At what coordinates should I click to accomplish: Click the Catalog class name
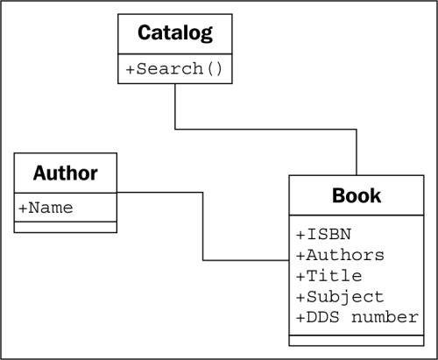[x=175, y=33]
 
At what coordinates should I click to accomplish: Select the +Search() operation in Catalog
[x=174, y=69]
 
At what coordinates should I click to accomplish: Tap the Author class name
[x=66, y=173]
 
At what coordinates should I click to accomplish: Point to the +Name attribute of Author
[x=46, y=208]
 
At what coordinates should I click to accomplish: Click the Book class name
[x=357, y=195]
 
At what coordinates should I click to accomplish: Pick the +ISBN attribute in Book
[x=323, y=234]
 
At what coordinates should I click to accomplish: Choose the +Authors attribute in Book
[x=340, y=255]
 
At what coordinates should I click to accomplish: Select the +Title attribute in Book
[x=329, y=276]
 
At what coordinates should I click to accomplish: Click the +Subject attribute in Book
[x=340, y=297]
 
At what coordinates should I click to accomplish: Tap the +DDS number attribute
[x=357, y=317]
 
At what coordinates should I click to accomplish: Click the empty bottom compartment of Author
[x=66, y=227]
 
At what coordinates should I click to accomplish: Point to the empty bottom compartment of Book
[x=357, y=341]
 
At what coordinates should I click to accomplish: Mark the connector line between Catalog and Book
[x=265, y=129]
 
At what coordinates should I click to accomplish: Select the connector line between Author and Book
[x=203, y=226]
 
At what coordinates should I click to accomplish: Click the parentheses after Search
[x=215, y=69]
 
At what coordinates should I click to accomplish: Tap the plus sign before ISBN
[x=300, y=235]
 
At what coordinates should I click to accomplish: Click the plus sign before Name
[x=23, y=208]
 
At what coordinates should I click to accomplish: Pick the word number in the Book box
[x=385, y=317]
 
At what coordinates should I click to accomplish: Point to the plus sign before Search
[x=130, y=70]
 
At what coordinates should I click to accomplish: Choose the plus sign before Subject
[x=300, y=298]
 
